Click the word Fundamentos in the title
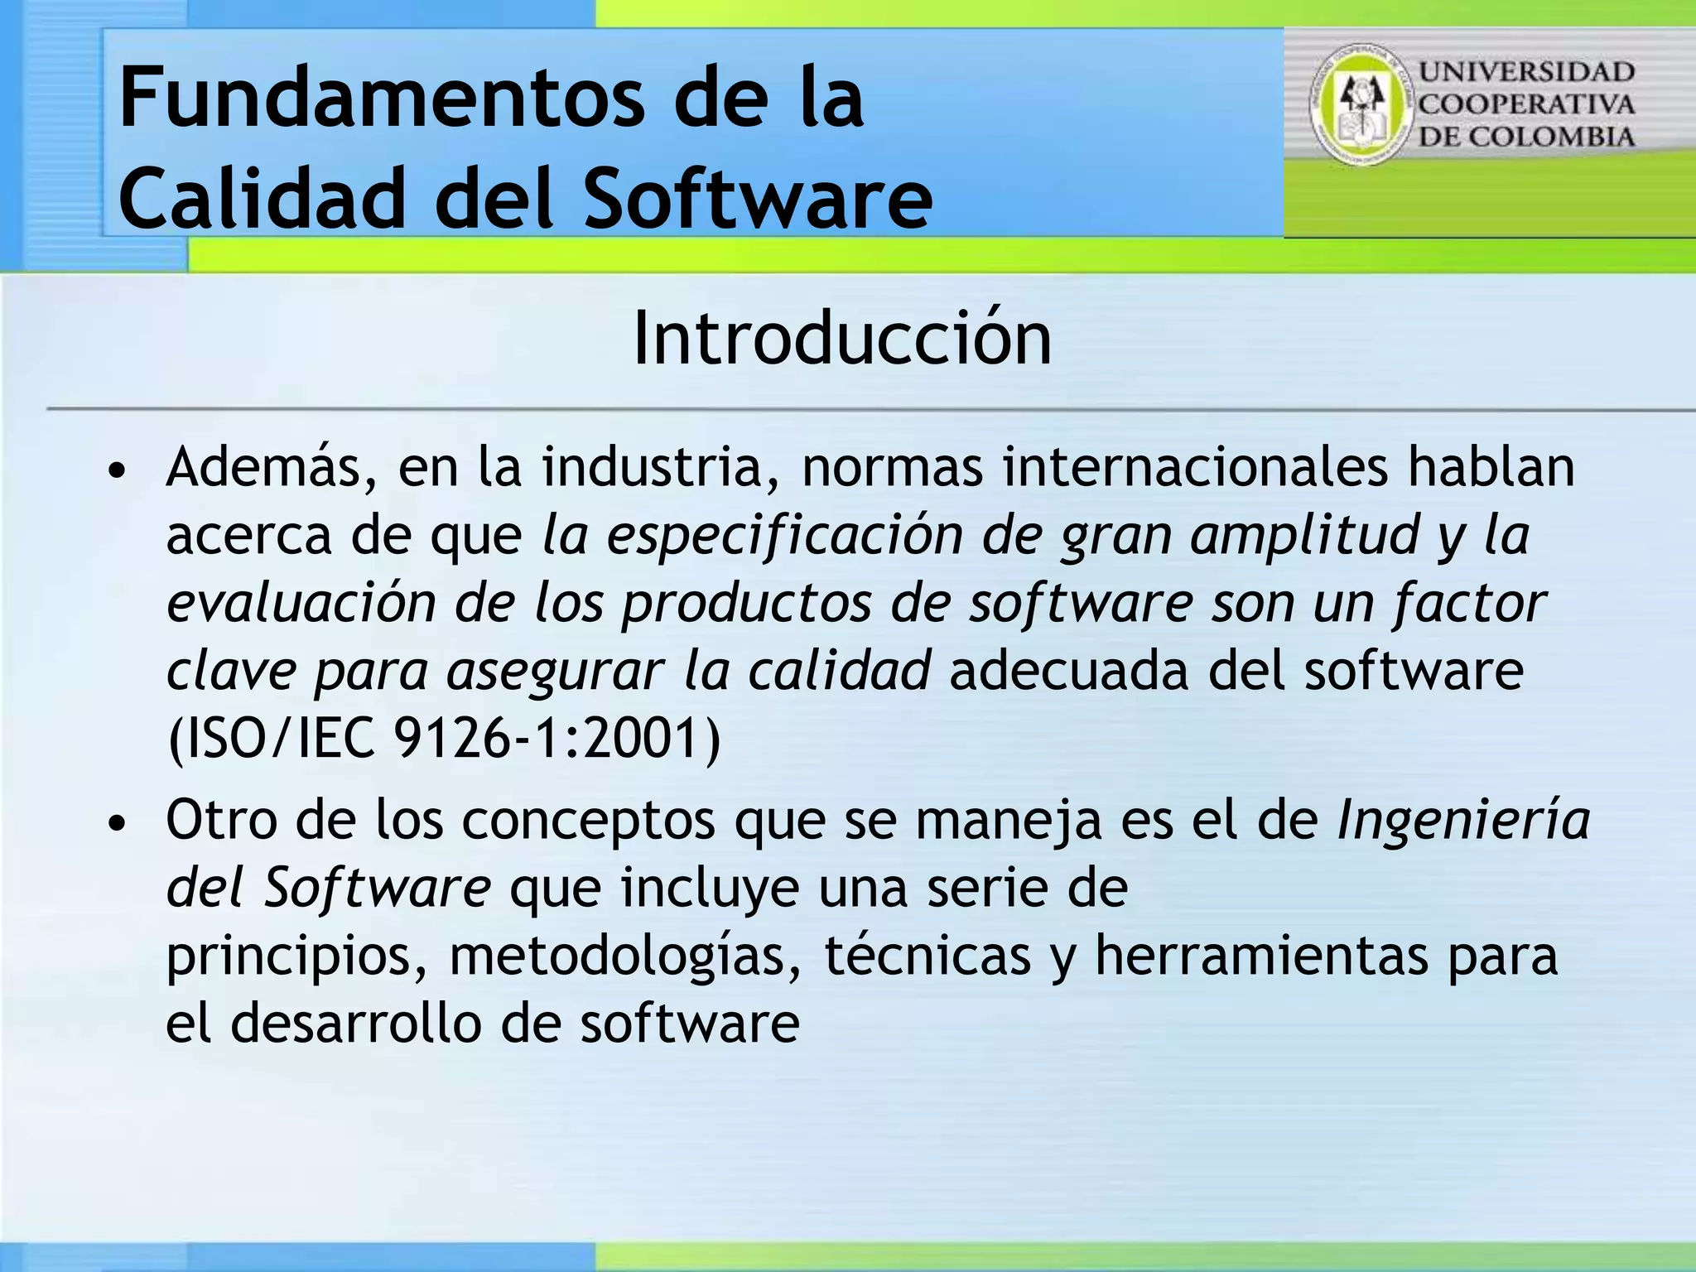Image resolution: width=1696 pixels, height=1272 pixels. (x=381, y=99)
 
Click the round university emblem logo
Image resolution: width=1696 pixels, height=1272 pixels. (x=1361, y=104)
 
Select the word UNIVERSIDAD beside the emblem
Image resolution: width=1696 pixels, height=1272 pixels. (x=1526, y=72)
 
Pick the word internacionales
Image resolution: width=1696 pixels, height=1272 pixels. (x=1194, y=467)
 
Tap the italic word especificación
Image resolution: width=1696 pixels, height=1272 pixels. (x=784, y=535)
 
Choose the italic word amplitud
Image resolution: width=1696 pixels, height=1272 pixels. (x=1304, y=535)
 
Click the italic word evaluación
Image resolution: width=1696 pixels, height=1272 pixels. (x=301, y=603)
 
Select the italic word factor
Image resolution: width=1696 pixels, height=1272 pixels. (x=1469, y=603)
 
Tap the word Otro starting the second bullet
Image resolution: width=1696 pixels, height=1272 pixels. (x=221, y=820)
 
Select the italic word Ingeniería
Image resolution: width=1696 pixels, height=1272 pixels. (x=1463, y=820)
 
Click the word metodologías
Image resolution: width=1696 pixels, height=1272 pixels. (x=625, y=956)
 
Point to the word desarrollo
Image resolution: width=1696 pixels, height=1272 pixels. (x=356, y=1024)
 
